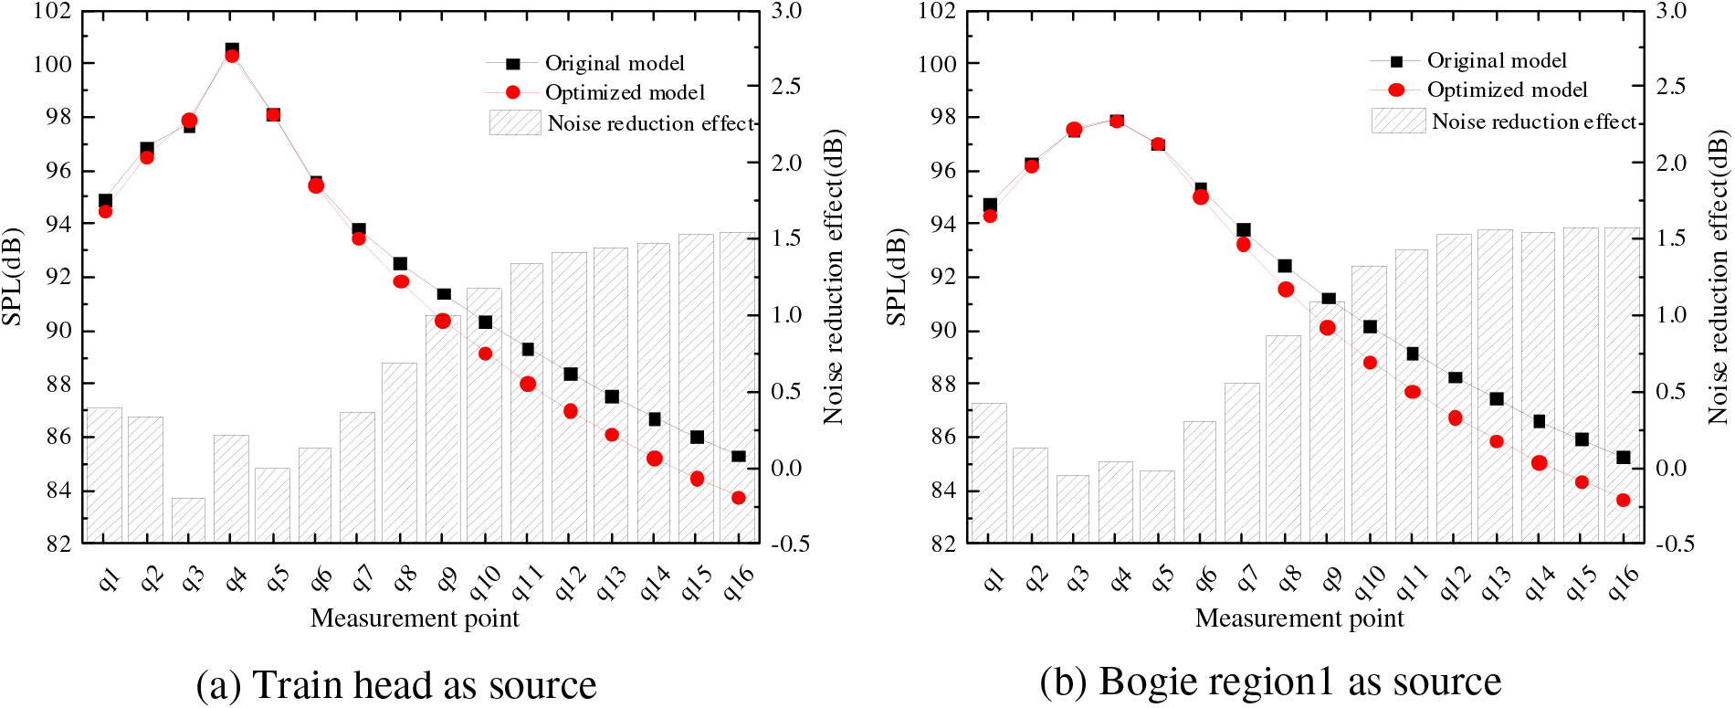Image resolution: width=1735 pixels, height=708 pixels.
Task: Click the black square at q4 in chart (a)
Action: tap(232, 49)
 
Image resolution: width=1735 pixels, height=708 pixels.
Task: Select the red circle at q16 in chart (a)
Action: tap(739, 498)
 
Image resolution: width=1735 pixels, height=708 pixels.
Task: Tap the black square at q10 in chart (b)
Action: tap(1370, 326)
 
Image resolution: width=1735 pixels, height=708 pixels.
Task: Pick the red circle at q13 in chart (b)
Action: tap(1497, 441)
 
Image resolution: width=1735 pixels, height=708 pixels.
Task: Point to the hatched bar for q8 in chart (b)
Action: tap(1284, 439)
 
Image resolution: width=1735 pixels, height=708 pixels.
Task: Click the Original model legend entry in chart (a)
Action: tap(614, 63)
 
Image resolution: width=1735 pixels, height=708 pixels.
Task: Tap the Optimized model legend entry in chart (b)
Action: tap(1507, 90)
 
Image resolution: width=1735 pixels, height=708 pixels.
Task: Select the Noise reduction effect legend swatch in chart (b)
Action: tap(1398, 121)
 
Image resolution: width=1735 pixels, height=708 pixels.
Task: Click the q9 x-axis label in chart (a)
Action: tap(445, 578)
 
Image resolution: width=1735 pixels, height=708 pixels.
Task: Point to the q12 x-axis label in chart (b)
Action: tap(1455, 583)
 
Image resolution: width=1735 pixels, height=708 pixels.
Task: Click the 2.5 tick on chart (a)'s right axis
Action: tap(786, 87)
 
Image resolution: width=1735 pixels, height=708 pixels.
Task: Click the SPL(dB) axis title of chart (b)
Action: tap(897, 277)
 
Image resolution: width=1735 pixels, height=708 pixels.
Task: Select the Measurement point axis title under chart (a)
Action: tap(415, 618)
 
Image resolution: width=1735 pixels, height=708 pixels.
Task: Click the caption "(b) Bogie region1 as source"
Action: tap(1270, 682)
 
